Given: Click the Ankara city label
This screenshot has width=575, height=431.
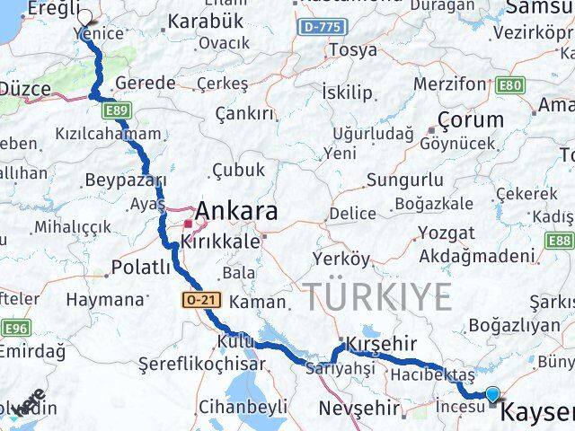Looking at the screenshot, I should coord(235,212).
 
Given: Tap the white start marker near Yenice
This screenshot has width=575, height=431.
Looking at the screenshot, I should coord(84,16).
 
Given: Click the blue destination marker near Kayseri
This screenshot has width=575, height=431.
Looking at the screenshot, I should coord(492,393).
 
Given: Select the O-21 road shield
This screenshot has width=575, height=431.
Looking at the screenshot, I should coord(202,302).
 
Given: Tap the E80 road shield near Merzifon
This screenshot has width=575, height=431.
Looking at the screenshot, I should coord(510,85).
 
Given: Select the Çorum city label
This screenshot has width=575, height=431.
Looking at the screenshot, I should coord(470,119).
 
